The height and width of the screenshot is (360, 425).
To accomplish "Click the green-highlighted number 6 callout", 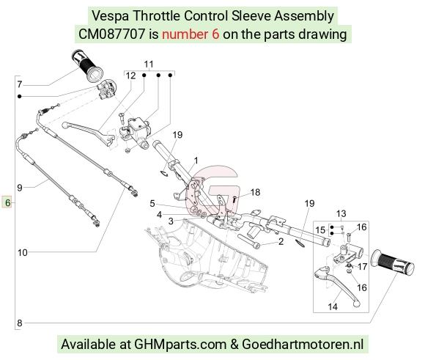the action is [x=7, y=202].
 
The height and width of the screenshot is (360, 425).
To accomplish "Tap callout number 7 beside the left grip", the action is [x=19, y=84].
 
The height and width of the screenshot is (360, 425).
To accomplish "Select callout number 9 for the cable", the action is [x=20, y=188].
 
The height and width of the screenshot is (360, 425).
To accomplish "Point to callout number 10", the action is [x=23, y=252].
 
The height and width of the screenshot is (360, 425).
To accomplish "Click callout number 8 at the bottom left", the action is [x=20, y=323].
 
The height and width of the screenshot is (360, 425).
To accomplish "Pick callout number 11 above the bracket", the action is [x=149, y=65].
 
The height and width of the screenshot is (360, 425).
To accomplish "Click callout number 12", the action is [x=130, y=76].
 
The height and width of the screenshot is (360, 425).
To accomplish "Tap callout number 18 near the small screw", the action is [x=255, y=192].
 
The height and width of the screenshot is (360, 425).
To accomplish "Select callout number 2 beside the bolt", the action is [x=281, y=241].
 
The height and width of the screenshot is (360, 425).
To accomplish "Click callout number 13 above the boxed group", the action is [x=341, y=213].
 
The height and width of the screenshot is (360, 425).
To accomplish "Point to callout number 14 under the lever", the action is [x=333, y=306].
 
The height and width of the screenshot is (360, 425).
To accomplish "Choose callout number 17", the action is [x=362, y=267].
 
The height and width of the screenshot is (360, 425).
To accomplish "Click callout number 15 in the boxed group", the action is [x=320, y=230].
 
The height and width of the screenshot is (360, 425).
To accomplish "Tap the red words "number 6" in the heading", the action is [x=191, y=34].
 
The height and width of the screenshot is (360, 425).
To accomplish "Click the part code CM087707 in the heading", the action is [x=111, y=34].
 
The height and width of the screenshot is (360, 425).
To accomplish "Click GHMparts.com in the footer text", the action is [x=180, y=344].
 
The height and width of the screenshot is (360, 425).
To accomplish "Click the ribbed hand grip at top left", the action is [x=86, y=66].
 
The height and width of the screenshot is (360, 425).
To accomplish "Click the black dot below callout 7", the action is [x=19, y=96].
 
